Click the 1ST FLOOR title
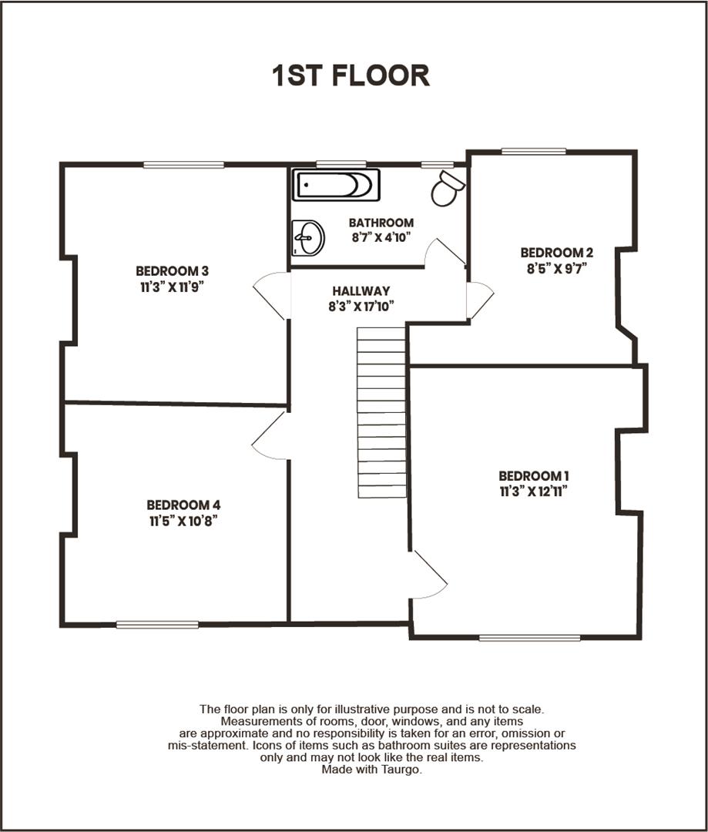coord(351,75)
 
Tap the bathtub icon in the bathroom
coord(336,185)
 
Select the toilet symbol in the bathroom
coord(448,187)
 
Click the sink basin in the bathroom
coord(308,237)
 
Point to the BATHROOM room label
coord(381,223)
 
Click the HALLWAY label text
coord(361,291)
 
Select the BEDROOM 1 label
coord(534,475)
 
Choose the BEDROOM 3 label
coord(173,270)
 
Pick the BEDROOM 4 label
coord(183,505)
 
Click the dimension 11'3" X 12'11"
coord(534,491)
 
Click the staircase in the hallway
coord(381,412)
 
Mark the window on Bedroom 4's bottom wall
coord(157,624)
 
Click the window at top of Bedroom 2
coord(533,151)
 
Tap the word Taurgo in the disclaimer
coord(404,770)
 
